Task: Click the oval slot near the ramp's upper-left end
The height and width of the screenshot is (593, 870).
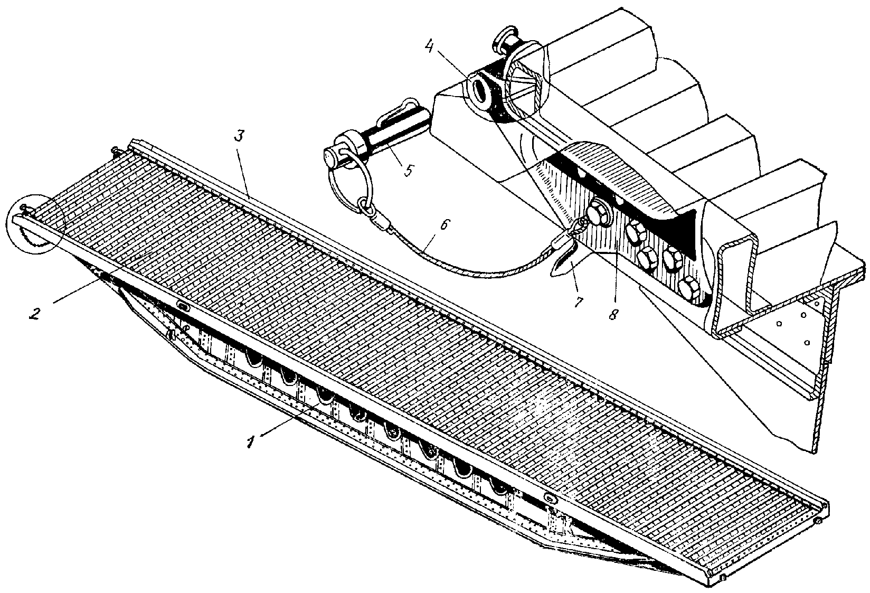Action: tap(183, 306)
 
